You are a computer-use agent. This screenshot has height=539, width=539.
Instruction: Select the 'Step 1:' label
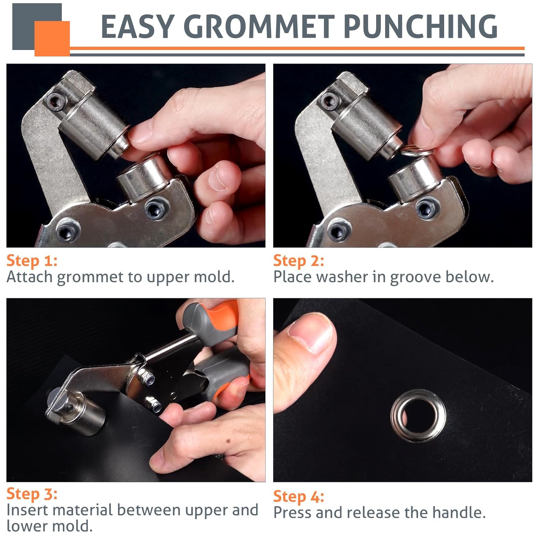click(x=32, y=261)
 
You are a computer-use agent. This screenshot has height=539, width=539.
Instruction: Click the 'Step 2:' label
click(x=299, y=261)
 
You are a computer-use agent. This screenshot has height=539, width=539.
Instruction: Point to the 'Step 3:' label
click(x=32, y=494)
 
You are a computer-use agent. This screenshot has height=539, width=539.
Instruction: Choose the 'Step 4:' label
click(x=299, y=497)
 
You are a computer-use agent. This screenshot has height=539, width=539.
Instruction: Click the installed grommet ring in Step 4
click(x=418, y=416)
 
